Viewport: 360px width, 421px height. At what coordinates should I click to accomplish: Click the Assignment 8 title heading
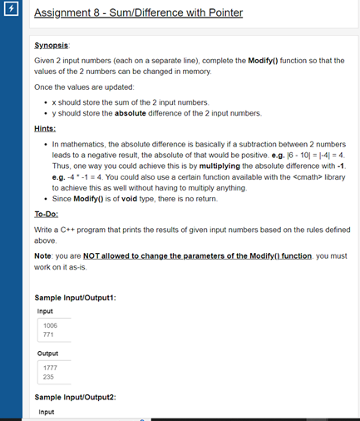coord(138,14)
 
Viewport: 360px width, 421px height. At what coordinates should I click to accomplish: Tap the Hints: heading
coord(46,128)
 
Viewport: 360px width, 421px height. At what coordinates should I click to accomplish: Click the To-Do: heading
coord(48,213)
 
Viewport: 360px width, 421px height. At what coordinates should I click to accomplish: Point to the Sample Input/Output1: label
coord(75,298)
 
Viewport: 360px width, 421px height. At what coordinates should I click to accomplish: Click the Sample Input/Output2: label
coord(75,398)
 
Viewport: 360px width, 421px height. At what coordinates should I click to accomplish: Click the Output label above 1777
coord(47,353)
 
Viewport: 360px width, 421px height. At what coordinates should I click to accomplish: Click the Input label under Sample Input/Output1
coord(45,311)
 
